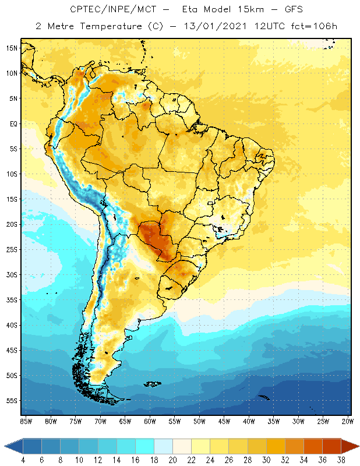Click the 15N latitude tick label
pos(12,48)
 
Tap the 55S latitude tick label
pos(12,401)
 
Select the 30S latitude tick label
pos(12,274)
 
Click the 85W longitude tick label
pos(26,421)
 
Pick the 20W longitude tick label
pos(348,421)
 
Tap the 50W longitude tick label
pos(199,421)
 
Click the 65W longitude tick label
pos(125,421)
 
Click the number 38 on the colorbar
pos(341,460)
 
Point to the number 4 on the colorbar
pos(23,460)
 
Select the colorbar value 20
pos(172,460)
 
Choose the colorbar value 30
pos(266,460)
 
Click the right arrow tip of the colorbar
pos(358,446)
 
